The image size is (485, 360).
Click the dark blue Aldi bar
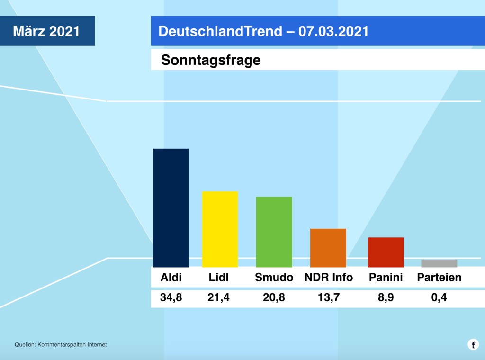tap(171, 208)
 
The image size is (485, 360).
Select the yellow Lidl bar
tap(220, 229)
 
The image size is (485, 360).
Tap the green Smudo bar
tap(274, 232)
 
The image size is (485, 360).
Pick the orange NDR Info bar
tap(328, 248)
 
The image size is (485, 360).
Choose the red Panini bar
tap(386, 252)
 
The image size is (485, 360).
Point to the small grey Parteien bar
tap(439, 263)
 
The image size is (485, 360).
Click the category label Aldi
tap(171, 278)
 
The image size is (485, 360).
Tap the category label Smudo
tap(274, 278)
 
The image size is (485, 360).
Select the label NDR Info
tap(328, 278)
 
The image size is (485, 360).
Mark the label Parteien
tap(439, 278)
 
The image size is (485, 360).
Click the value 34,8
tap(171, 298)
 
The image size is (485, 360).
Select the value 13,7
tap(328, 298)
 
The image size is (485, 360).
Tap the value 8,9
tap(386, 298)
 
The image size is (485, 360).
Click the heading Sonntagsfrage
tap(211, 60)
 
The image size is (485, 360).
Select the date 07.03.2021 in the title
tap(333, 31)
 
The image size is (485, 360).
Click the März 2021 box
tap(46, 31)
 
